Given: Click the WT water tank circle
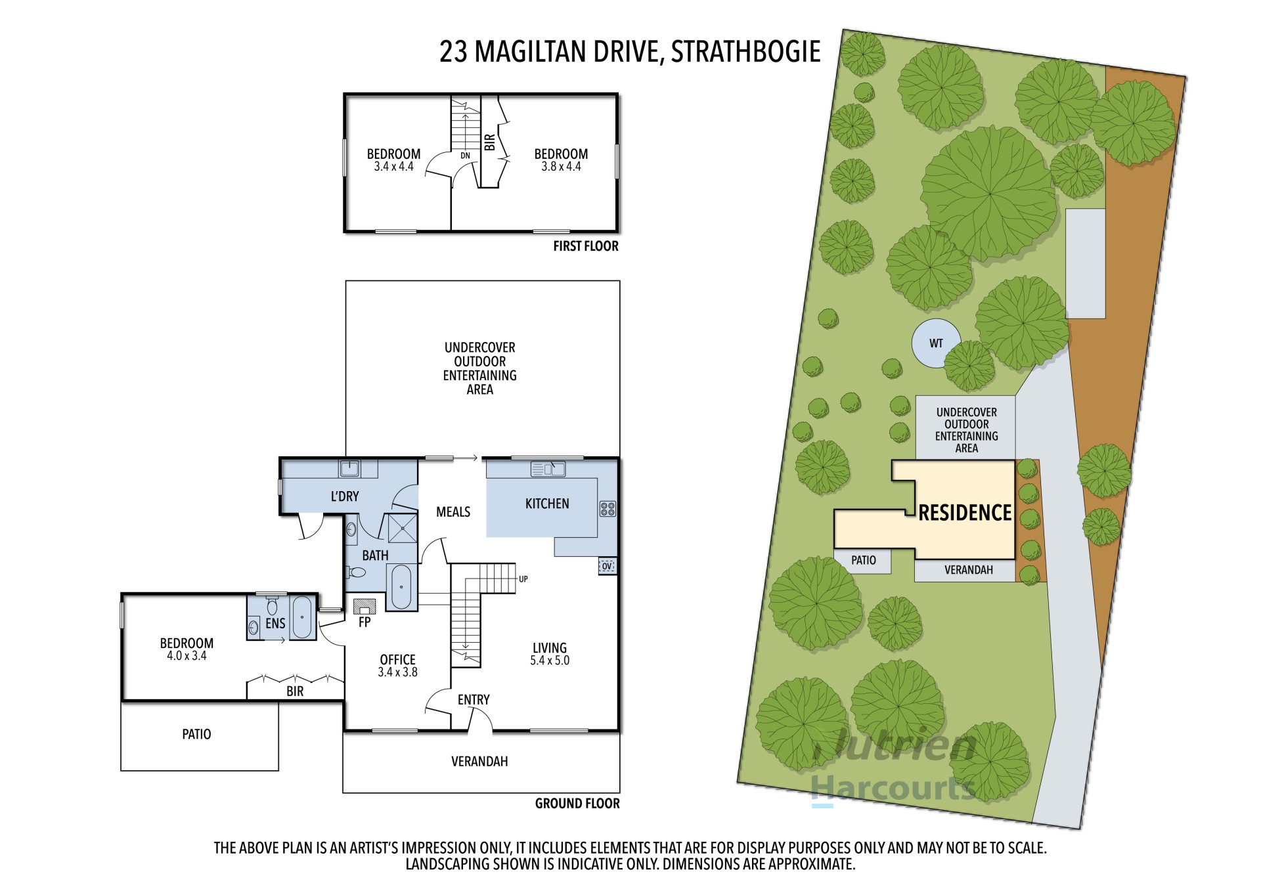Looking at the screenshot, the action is click(x=935, y=343).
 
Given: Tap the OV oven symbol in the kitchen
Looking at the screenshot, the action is click(x=608, y=566).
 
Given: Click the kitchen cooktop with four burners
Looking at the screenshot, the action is click(x=608, y=509).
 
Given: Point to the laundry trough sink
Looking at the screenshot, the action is click(x=349, y=468).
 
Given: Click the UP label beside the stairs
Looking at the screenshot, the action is click(x=523, y=579).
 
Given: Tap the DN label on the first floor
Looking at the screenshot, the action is click(x=465, y=156).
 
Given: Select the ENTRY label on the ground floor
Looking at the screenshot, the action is click(x=474, y=700).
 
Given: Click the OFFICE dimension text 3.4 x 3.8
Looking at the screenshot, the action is click(x=397, y=672).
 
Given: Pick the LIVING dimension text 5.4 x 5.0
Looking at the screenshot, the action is click(x=550, y=661).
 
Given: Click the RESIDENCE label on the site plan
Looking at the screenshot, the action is click(x=965, y=513).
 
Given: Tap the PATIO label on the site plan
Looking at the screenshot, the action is click(x=863, y=560).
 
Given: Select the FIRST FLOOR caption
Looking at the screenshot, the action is click(x=586, y=246).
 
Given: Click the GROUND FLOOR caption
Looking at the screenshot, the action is click(x=577, y=804).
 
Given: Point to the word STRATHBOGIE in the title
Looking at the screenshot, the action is click(x=745, y=52).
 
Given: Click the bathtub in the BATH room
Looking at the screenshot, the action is click(x=401, y=586).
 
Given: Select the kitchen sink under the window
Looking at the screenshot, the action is click(x=548, y=469).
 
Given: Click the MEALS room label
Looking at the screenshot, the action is click(x=453, y=512).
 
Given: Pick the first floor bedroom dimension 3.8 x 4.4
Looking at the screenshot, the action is click(x=561, y=167).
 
